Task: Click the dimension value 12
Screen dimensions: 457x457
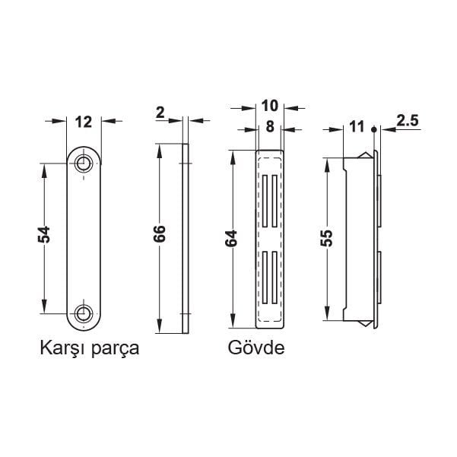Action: pyautogui.click(x=84, y=120)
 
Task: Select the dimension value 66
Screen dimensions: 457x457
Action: pyautogui.click(x=160, y=234)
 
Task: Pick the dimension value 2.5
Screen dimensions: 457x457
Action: pyautogui.click(x=408, y=120)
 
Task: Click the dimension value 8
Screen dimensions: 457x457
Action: pyautogui.click(x=270, y=128)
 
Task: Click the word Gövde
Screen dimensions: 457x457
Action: pyautogui.click(x=255, y=349)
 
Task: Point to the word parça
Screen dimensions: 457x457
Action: pyautogui.click(x=119, y=351)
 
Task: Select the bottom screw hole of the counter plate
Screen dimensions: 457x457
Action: pyautogui.click(x=84, y=313)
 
